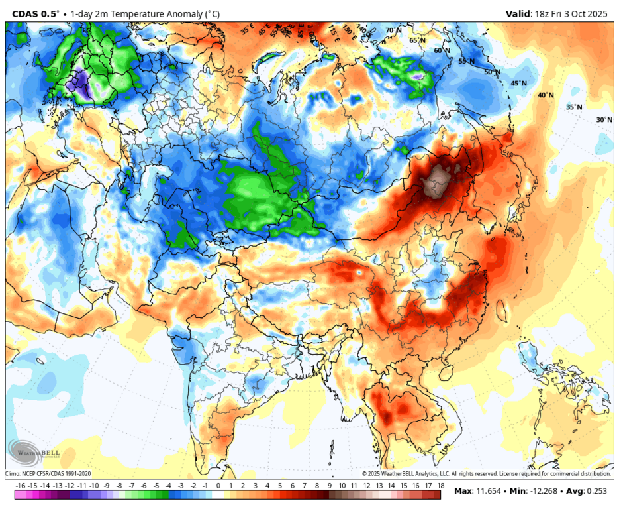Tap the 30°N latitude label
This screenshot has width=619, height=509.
pyautogui.click(x=604, y=120)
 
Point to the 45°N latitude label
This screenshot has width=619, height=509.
pyautogui.click(x=518, y=84)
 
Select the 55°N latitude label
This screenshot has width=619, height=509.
pyautogui.click(x=467, y=61)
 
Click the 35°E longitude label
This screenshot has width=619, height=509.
pyautogui.click(x=247, y=29)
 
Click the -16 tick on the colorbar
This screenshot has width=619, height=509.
pyautogui.click(x=20, y=486)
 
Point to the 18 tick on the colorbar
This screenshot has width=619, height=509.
pyautogui.click(x=440, y=486)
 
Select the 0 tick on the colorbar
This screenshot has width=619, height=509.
pyautogui.click(x=218, y=486)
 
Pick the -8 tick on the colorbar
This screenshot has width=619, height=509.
pyautogui.click(x=119, y=486)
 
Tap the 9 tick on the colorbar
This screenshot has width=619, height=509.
pyautogui.click(x=330, y=486)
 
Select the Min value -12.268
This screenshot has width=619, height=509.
pyautogui.click(x=534, y=491)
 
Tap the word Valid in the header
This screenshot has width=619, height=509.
pyautogui.click(x=518, y=13)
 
